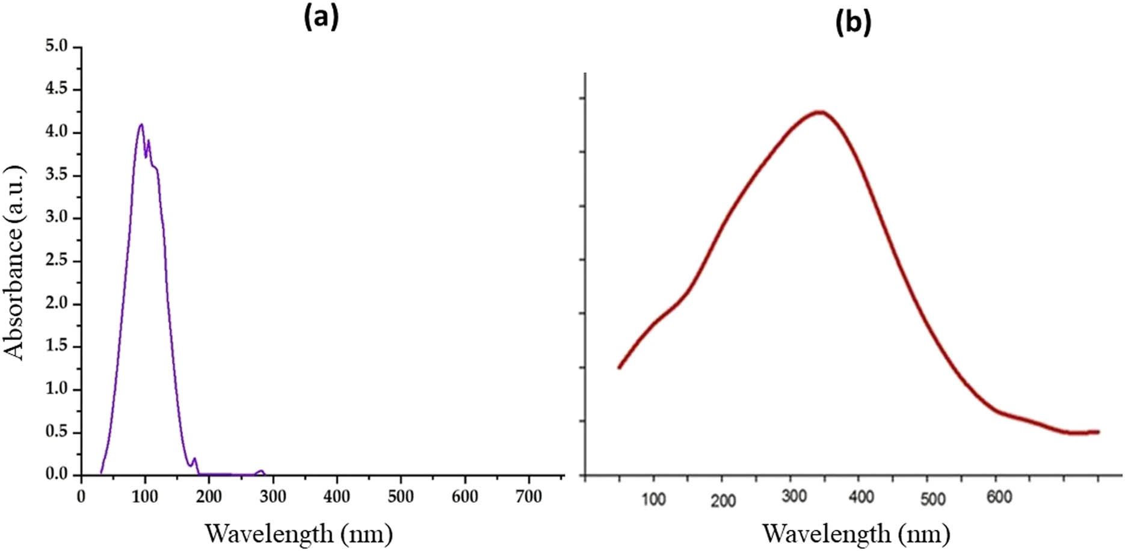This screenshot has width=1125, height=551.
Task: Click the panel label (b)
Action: [x=852, y=23]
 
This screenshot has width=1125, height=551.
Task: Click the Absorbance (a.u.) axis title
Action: [x=14, y=263]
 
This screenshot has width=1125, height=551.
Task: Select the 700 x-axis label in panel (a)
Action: [x=529, y=497]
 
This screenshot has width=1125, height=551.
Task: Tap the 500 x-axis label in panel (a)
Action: [x=401, y=497]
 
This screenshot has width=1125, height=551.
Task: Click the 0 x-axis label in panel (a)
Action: [x=81, y=497]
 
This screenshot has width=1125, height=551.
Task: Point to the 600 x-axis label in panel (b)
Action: [x=998, y=497]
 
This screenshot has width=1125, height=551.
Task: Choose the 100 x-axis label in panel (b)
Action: [x=653, y=499]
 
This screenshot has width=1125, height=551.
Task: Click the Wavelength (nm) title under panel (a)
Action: [x=299, y=534]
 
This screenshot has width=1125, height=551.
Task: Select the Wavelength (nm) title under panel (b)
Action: [x=857, y=534]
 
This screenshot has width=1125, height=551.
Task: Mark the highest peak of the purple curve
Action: [x=141, y=125]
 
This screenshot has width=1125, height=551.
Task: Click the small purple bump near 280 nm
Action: [x=260, y=471]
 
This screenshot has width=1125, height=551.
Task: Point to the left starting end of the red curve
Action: [x=619, y=367]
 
